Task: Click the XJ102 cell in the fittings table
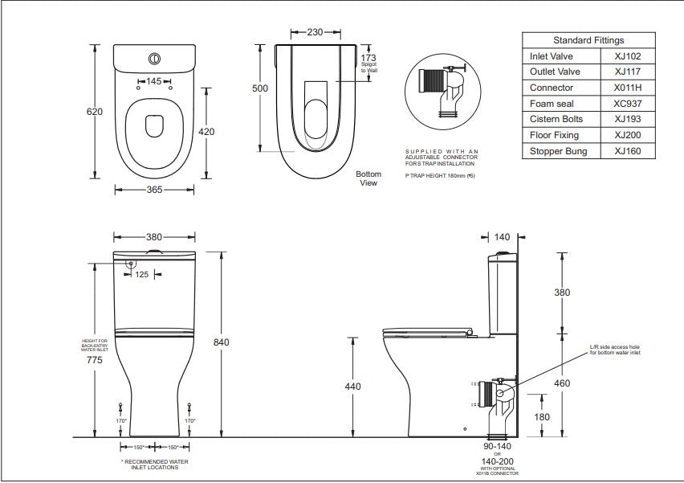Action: pyautogui.click(x=627, y=56)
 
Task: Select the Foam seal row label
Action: pyautogui.click(x=551, y=104)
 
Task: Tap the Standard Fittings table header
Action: pyautogui.click(x=588, y=40)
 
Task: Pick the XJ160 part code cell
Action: pyautogui.click(x=627, y=151)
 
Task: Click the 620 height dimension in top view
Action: pyautogui.click(x=95, y=112)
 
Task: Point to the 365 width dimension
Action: pyautogui.click(x=154, y=190)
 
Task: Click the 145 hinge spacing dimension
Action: pyautogui.click(x=154, y=81)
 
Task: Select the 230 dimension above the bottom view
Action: pyautogui.click(x=315, y=33)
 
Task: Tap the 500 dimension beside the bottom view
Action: pyautogui.click(x=260, y=88)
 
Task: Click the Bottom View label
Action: pyautogui.click(x=368, y=178)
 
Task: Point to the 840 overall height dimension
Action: pyautogui.click(x=221, y=342)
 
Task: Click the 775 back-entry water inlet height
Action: pyautogui.click(x=95, y=360)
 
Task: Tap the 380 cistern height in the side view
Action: pyautogui.click(x=562, y=293)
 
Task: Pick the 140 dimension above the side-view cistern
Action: pyautogui.click(x=503, y=237)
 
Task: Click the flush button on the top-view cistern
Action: pyautogui.click(x=153, y=59)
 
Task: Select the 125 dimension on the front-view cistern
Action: pyautogui.click(x=141, y=275)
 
